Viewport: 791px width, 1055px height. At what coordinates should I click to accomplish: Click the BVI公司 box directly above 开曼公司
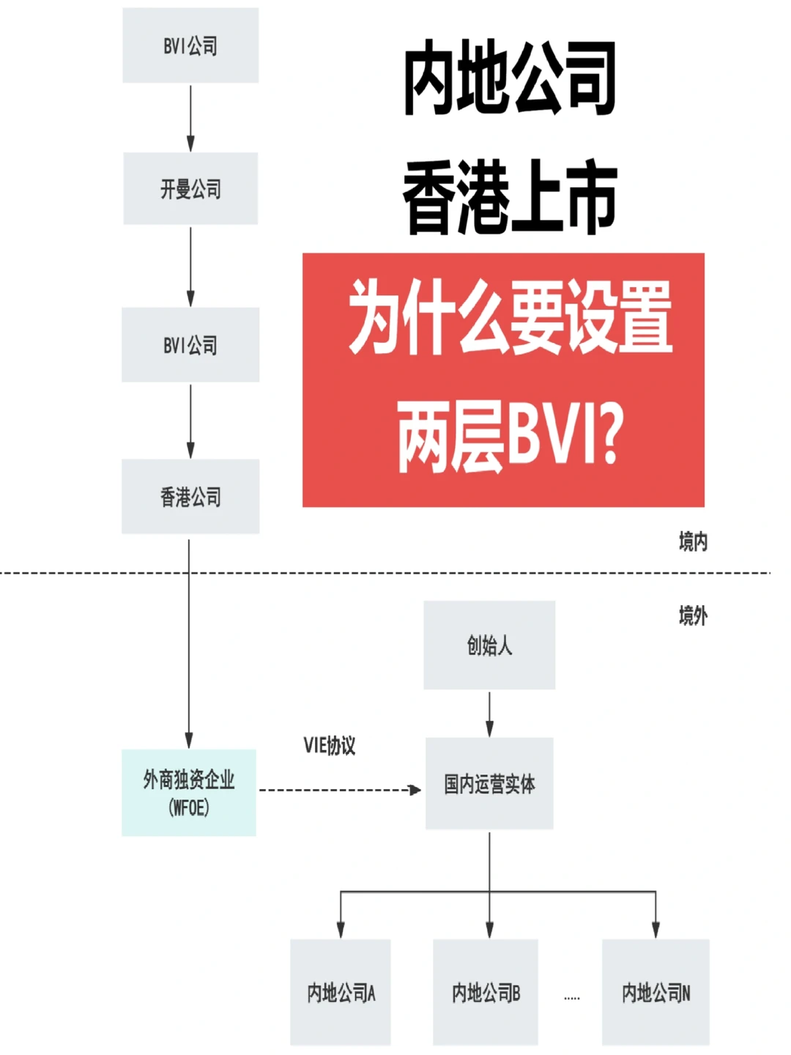click(190, 45)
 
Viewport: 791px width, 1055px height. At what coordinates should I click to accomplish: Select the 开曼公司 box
click(190, 189)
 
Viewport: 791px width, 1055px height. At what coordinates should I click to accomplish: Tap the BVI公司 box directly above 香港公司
click(190, 344)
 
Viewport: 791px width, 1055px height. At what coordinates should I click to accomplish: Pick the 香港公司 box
click(190, 497)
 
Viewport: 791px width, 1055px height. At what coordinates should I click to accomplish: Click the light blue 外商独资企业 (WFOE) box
click(189, 793)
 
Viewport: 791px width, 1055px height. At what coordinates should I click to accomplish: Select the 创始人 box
click(489, 645)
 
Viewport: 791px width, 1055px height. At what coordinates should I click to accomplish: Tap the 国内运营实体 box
click(489, 783)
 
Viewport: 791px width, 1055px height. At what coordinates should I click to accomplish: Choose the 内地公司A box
click(341, 992)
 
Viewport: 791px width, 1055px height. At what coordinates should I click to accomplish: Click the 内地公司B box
click(486, 992)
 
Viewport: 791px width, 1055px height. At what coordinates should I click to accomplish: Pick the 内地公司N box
click(656, 992)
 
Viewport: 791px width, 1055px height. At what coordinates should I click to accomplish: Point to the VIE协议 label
click(330, 745)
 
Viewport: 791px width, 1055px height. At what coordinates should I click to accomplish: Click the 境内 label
click(693, 541)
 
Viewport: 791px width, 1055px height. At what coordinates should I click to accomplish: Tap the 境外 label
click(693, 615)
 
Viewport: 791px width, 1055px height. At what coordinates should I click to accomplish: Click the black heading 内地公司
click(510, 78)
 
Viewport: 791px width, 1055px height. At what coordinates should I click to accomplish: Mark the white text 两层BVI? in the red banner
click(510, 437)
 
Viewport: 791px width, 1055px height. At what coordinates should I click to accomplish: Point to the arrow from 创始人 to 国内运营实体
click(489, 714)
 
